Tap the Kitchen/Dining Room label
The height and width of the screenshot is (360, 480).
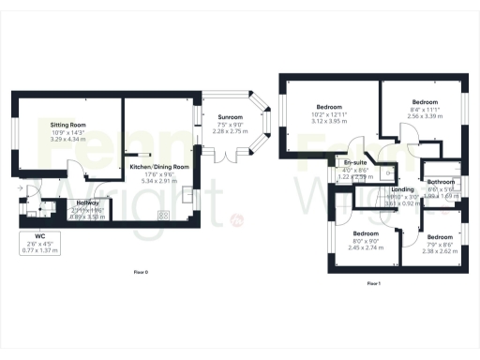pos(159,166)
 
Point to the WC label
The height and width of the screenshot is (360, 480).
pos(39,236)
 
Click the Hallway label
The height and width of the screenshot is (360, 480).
pos(88,202)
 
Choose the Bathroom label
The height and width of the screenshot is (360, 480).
pos(442,182)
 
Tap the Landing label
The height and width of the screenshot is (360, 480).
pos(400,190)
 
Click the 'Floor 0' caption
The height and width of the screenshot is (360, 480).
pos(140,273)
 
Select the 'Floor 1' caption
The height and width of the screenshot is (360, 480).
pos(373,282)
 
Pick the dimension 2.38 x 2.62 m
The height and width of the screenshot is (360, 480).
pos(438,251)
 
